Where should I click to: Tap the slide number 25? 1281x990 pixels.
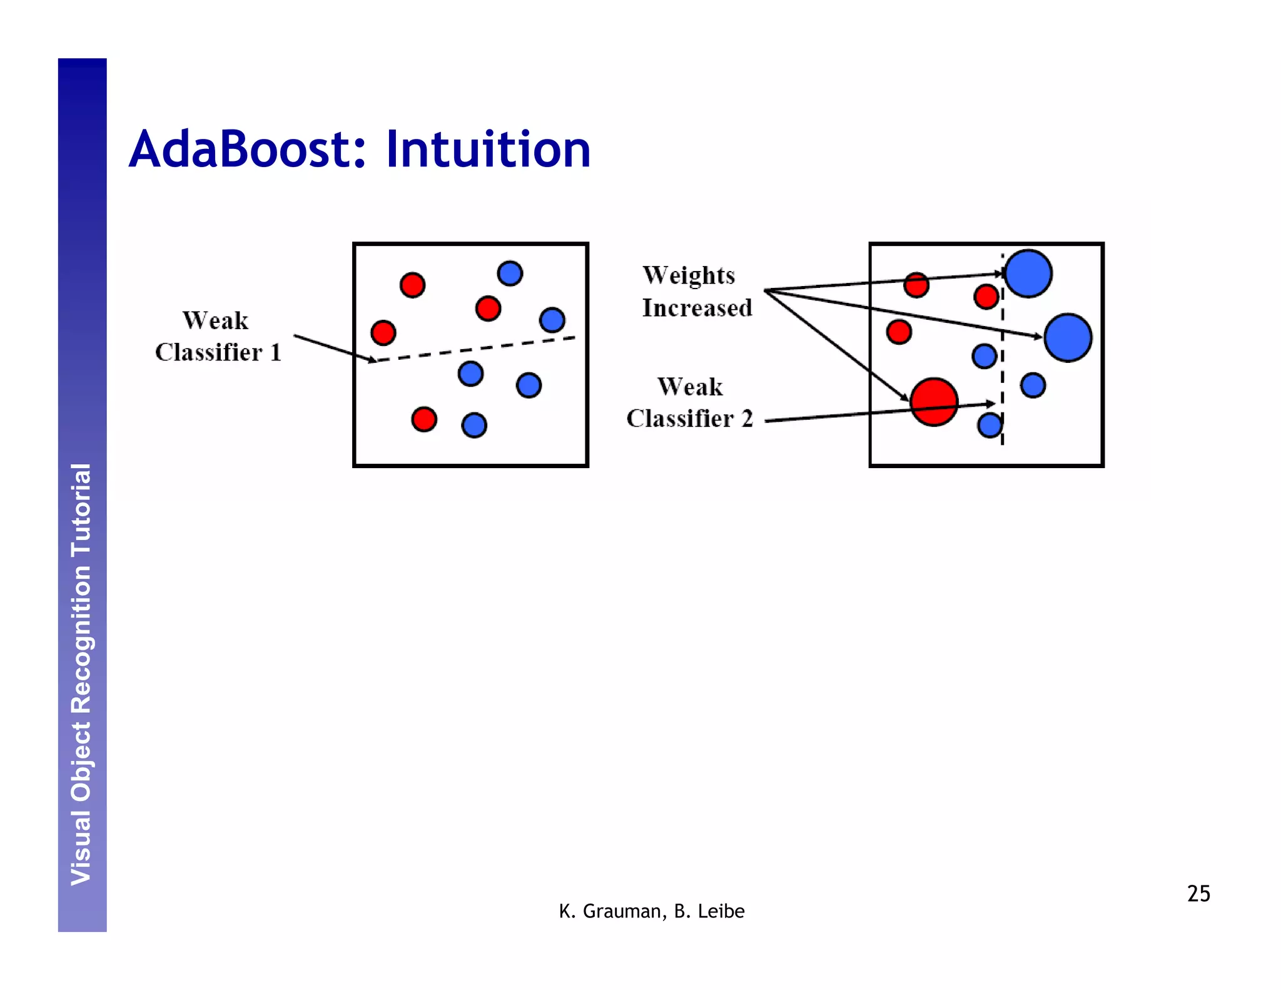point(1198,893)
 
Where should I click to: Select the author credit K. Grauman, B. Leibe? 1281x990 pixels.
point(651,911)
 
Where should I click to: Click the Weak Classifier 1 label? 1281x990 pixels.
point(217,337)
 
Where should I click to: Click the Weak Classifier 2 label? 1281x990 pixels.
point(689,402)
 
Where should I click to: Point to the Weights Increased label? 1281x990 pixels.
point(696,292)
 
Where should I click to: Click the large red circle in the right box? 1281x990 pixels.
point(934,402)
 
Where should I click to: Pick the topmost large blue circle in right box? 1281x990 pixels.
point(1028,273)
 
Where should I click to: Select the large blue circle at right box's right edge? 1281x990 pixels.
point(1068,338)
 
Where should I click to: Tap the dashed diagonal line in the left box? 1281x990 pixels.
point(475,349)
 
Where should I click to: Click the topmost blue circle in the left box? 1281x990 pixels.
point(510,273)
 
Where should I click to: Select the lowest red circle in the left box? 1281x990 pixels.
point(424,419)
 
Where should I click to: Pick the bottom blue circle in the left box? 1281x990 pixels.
point(474,425)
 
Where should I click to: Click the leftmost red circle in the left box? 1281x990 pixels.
point(383,332)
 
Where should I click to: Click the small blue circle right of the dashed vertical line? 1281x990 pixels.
point(1033,385)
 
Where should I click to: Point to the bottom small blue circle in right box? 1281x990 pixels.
point(989,426)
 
